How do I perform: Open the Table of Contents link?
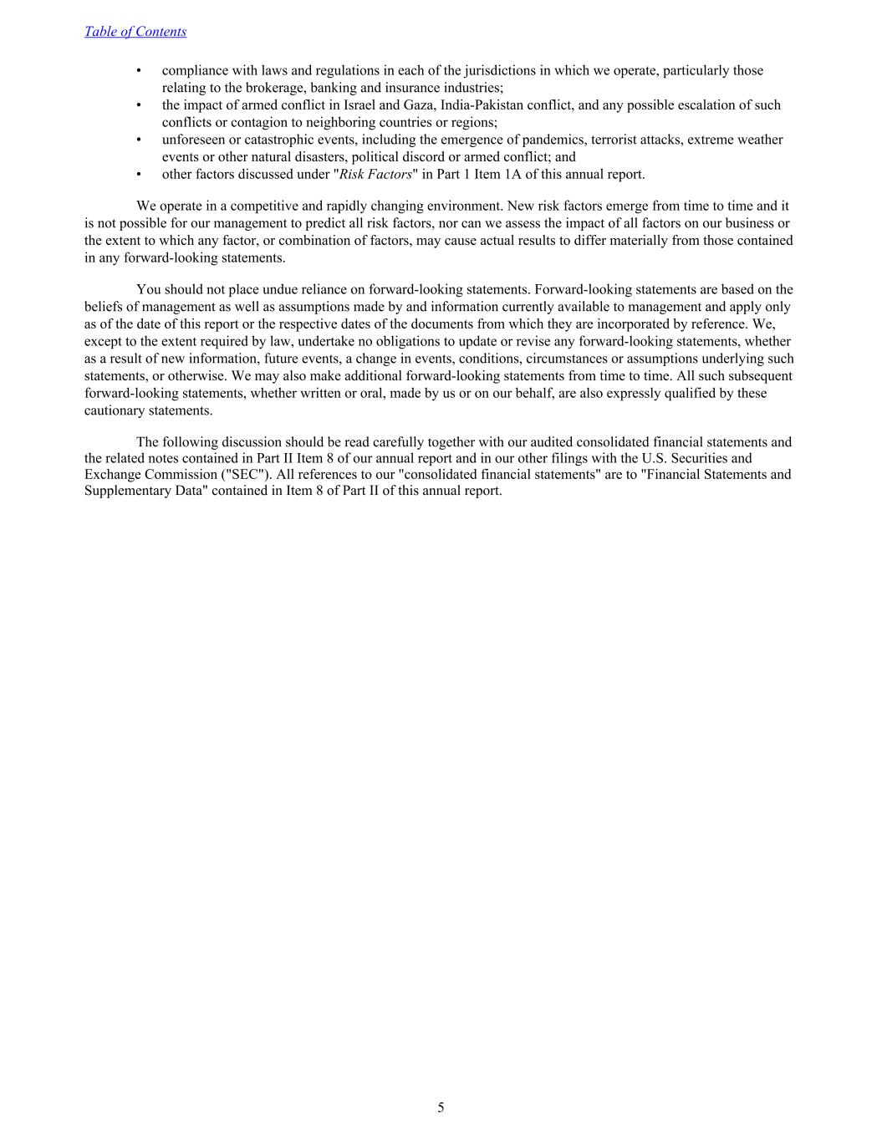pyautogui.click(x=135, y=32)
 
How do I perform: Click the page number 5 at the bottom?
pyautogui.click(x=441, y=1108)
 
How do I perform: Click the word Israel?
pyautogui.click(x=359, y=105)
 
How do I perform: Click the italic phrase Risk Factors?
pyautogui.click(x=375, y=175)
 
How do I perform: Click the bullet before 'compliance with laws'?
pyautogui.click(x=139, y=71)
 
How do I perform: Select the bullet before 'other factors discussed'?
pyautogui.click(x=139, y=175)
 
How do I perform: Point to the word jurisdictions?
pyautogui.click(x=489, y=71)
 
